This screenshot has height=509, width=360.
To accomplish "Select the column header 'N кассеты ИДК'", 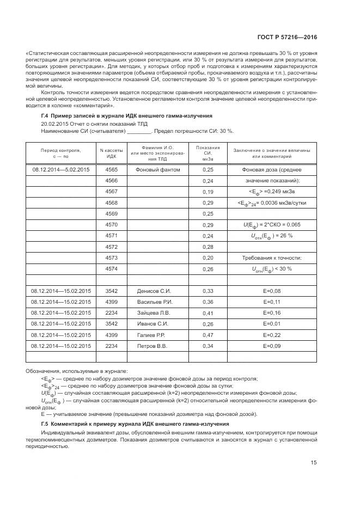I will click(x=112, y=152).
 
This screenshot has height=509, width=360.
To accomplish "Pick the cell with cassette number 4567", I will click(x=112, y=192).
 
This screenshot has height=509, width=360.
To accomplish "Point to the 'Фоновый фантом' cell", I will click(x=153, y=169).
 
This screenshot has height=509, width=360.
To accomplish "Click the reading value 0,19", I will click(x=208, y=192).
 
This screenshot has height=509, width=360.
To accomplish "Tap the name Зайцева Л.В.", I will click(x=154, y=313).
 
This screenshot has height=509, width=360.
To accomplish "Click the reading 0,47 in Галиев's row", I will click(x=208, y=335).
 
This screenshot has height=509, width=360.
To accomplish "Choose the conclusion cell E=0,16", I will click(x=271, y=313).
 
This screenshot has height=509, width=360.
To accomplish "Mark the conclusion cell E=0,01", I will click(x=271, y=324).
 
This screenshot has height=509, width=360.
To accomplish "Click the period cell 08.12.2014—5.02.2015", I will click(x=60, y=169).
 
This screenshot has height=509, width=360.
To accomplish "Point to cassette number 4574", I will click(x=112, y=269).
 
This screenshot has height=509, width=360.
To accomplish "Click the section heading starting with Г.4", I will click(x=126, y=116).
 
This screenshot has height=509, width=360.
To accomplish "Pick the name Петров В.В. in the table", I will click(x=153, y=346).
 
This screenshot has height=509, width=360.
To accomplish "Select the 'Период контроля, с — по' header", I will click(x=60, y=152).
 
